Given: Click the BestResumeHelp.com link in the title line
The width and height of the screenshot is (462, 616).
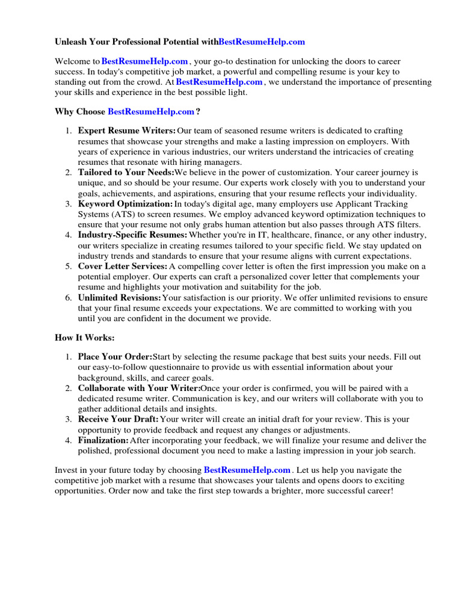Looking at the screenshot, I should pyautogui.click(x=262, y=42).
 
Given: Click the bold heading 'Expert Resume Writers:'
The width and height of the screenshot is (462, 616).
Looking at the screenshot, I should pyautogui.click(x=127, y=131).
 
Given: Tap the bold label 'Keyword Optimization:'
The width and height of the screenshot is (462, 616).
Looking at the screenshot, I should pyautogui.click(x=125, y=204).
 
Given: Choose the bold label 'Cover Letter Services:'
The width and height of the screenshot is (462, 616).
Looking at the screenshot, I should pyautogui.click(x=123, y=266).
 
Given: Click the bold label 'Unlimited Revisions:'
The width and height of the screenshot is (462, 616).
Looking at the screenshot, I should pyautogui.click(x=120, y=298).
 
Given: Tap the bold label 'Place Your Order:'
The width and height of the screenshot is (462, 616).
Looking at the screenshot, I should pyautogui.click(x=115, y=357).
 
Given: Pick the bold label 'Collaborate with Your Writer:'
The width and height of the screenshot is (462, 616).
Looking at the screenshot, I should pyautogui.click(x=139, y=388).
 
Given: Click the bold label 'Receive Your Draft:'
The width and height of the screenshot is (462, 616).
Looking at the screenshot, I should pyautogui.click(x=119, y=419).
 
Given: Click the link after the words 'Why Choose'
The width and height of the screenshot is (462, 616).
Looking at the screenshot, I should pyautogui.click(x=151, y=111).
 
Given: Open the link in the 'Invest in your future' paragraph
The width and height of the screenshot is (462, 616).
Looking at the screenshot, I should pyautogui.click(x=247, y=470).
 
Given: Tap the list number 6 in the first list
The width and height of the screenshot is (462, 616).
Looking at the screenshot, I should pyautogui.click(x=69, y=298).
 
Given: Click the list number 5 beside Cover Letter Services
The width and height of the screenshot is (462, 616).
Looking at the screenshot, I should pyautogui.click(x=69, y=266).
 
